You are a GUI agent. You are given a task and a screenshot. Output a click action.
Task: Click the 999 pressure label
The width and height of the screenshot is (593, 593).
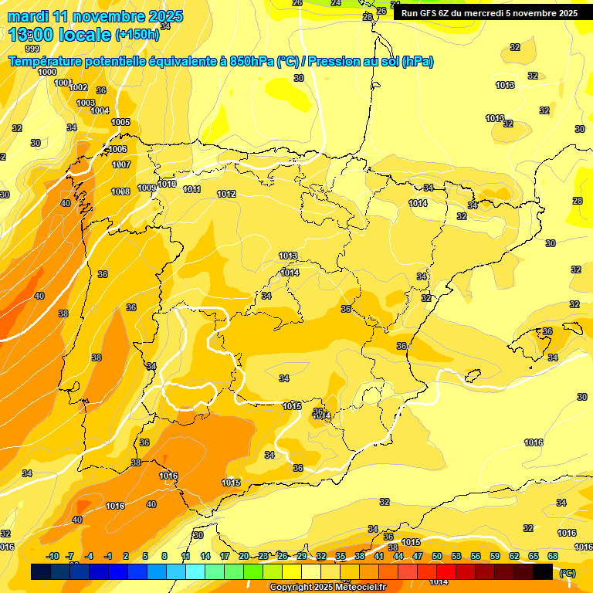pyautogui.click(x=32, y=49)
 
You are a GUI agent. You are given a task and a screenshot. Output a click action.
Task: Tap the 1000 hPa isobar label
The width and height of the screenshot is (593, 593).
pyautogui.click(x=47, y=72)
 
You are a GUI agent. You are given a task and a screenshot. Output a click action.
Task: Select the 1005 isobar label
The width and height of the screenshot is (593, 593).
pyautogui.click(x=120, y=122)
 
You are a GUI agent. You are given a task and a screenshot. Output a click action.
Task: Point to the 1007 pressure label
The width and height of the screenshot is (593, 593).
pyautogui.click(x=121, y=164)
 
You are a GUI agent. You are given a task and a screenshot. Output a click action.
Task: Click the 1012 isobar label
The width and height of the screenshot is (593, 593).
pyautogui.click(x=226, y=194)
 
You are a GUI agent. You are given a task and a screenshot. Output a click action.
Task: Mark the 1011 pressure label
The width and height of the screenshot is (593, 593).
pyautogui.click(x=192, y=189)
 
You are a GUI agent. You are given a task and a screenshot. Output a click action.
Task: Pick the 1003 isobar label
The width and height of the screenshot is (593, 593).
pyautogui.click(x=86, y=103)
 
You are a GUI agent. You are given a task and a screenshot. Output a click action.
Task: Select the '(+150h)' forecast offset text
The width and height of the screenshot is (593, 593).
pyautogui.click(x=137, y=35)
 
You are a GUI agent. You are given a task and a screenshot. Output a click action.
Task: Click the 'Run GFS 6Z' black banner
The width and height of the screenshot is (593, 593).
pyautogui.click(x=489, y=13)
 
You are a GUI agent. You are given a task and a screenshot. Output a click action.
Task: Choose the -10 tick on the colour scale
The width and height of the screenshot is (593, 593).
pyautogui.click(x=53, y=556)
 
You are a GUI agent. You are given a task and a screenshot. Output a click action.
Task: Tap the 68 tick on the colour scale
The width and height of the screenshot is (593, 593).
pyautogui.click(x=553, y=556)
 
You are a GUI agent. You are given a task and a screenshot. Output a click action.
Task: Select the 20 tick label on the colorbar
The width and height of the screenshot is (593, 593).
pyautogui.click(x=244, y=556)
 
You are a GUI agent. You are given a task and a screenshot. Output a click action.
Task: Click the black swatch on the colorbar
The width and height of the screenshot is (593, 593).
pyautogui.click(x=543, y=572)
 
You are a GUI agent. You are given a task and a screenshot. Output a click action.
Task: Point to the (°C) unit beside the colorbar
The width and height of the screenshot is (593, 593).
pyautogui.click(x=568, y=572)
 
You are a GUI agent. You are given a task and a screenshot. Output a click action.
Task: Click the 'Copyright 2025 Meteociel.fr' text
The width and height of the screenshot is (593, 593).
pyautogui.click(x=327, y=588)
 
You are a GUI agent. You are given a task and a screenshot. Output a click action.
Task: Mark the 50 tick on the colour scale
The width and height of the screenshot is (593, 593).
pyautogui.click(x=437, y=556)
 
